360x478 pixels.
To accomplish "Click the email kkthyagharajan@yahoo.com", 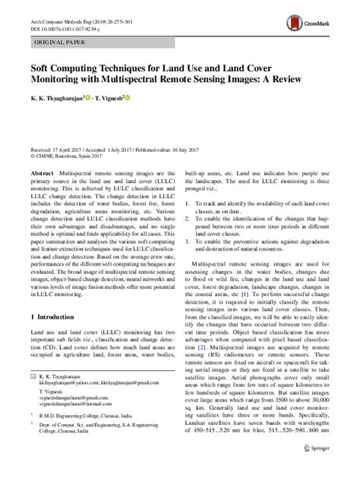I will coord(72,404).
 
